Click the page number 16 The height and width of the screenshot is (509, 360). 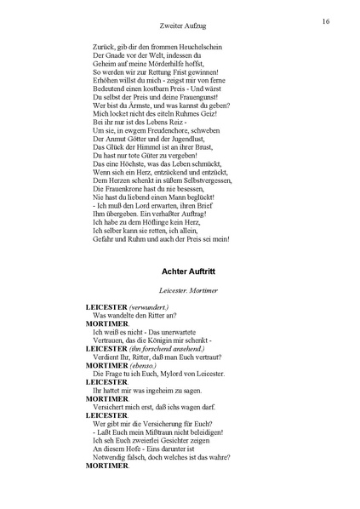[326, 20]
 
